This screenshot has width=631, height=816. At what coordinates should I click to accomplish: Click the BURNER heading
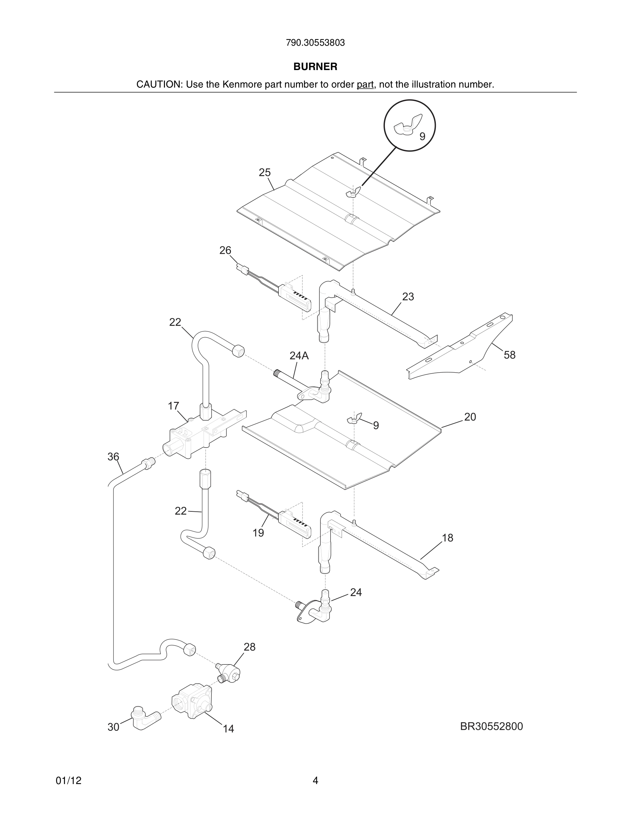(x=315, y=67)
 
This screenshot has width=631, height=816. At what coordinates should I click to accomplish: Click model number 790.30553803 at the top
(x=315, y=43)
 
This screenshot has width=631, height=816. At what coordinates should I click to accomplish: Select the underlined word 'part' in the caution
(x=365, y=84)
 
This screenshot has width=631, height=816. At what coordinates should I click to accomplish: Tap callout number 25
(x=265, y=173)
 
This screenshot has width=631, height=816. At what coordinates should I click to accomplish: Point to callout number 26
(x=225, y=250)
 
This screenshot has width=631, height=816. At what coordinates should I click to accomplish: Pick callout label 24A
(x=299, y=356)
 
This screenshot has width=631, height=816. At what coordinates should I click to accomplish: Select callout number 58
(x=510, y=355)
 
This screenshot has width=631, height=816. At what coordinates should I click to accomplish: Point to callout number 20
(x=470, y=417)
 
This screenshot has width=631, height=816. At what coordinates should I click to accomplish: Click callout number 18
(x=447, y=538)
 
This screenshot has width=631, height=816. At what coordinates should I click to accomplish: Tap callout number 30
(x=113, y=727)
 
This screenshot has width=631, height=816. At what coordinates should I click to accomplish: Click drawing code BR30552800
(x=491, y=726)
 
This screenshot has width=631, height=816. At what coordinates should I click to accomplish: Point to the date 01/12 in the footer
(x=68, y=781)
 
